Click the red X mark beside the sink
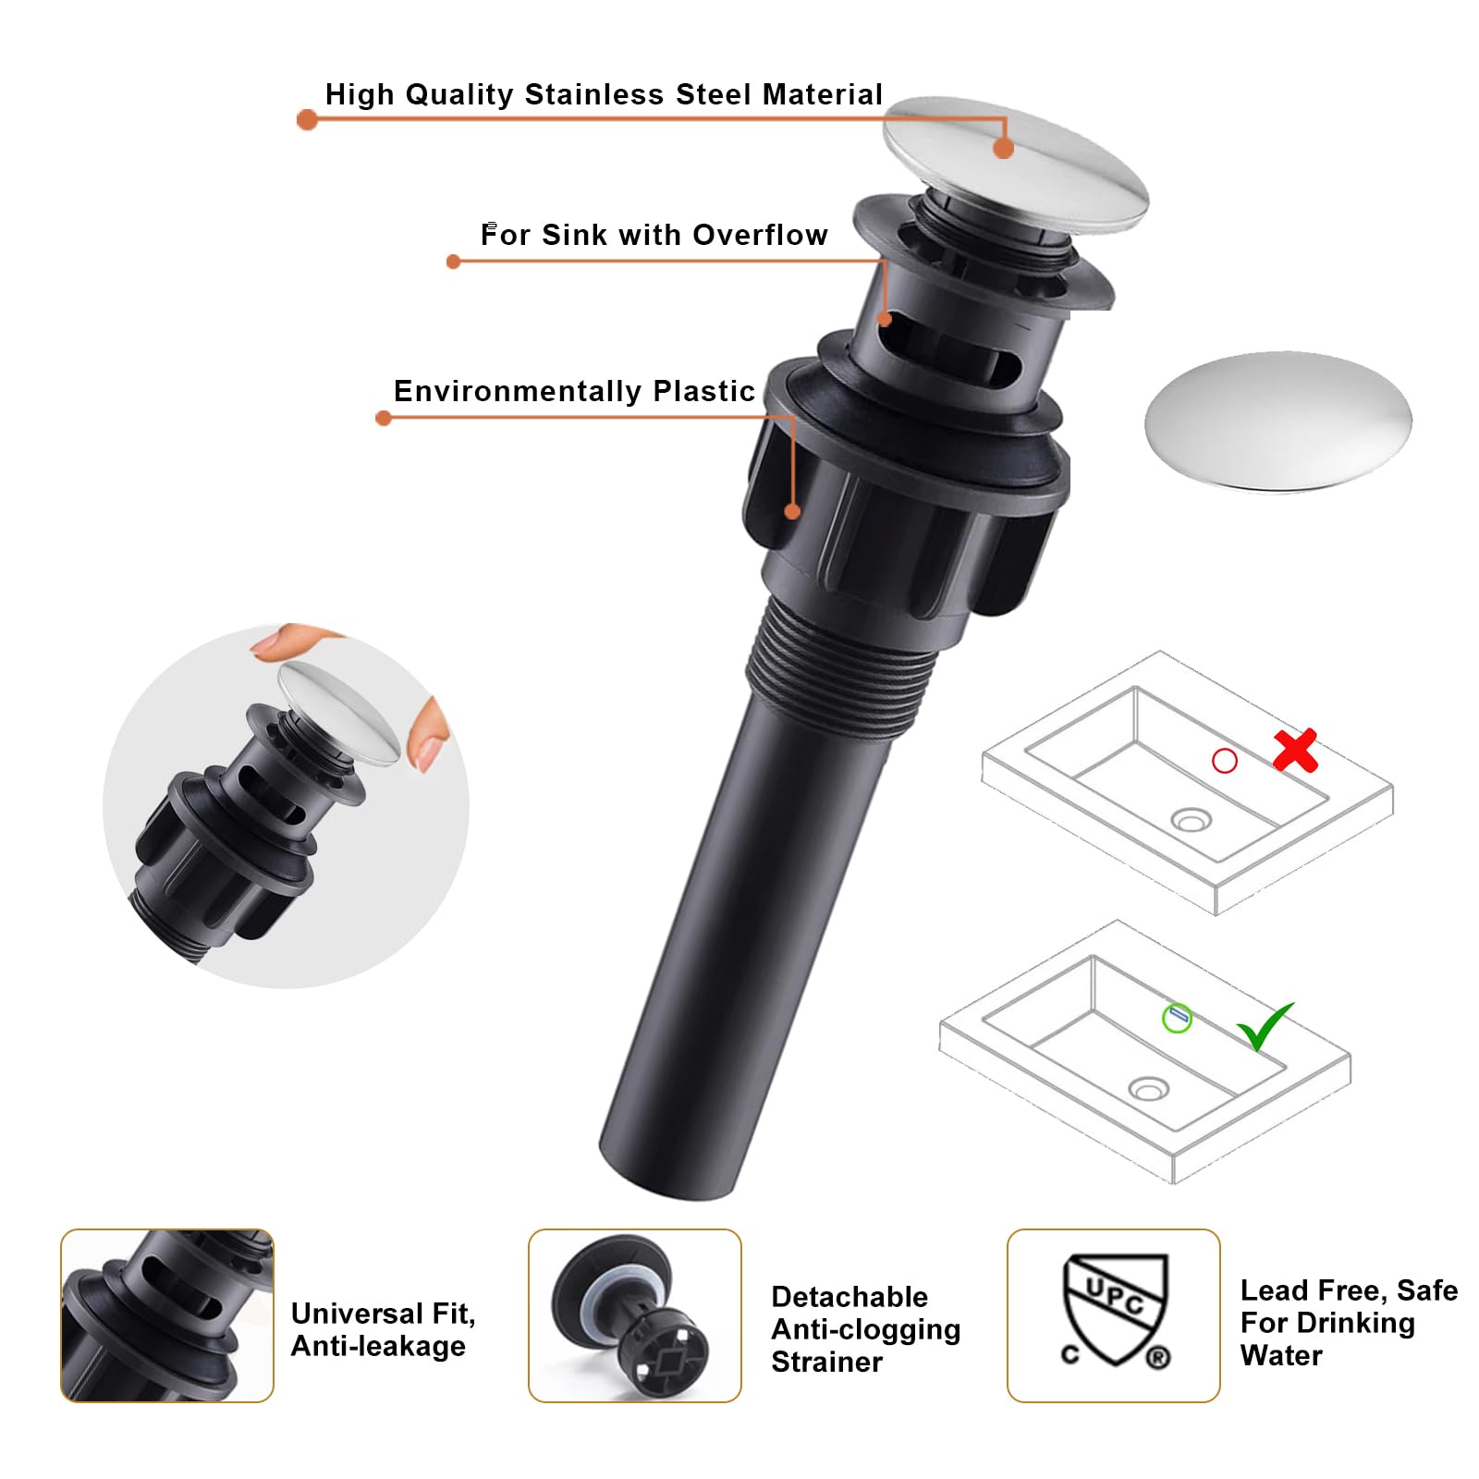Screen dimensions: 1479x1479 [1295, 751]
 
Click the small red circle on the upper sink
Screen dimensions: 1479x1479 [1225, 761]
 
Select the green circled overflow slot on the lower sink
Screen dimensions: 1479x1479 [1177, 1018]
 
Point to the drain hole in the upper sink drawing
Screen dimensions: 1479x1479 [1191, 819]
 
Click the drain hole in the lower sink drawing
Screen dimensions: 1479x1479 [1148, 1089]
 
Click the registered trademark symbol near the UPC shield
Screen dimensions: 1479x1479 [1157, 1357]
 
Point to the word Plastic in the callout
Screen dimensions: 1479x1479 [703, 391]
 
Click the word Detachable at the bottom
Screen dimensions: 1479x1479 [850, 1296]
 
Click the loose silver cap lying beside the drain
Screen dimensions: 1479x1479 [1278, 422]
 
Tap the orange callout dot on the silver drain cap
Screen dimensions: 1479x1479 [1004, 148]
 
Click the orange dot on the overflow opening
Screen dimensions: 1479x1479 [885, 319]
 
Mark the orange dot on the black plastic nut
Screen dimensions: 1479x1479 [792, 511]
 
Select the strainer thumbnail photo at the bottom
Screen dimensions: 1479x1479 [635, 1315]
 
